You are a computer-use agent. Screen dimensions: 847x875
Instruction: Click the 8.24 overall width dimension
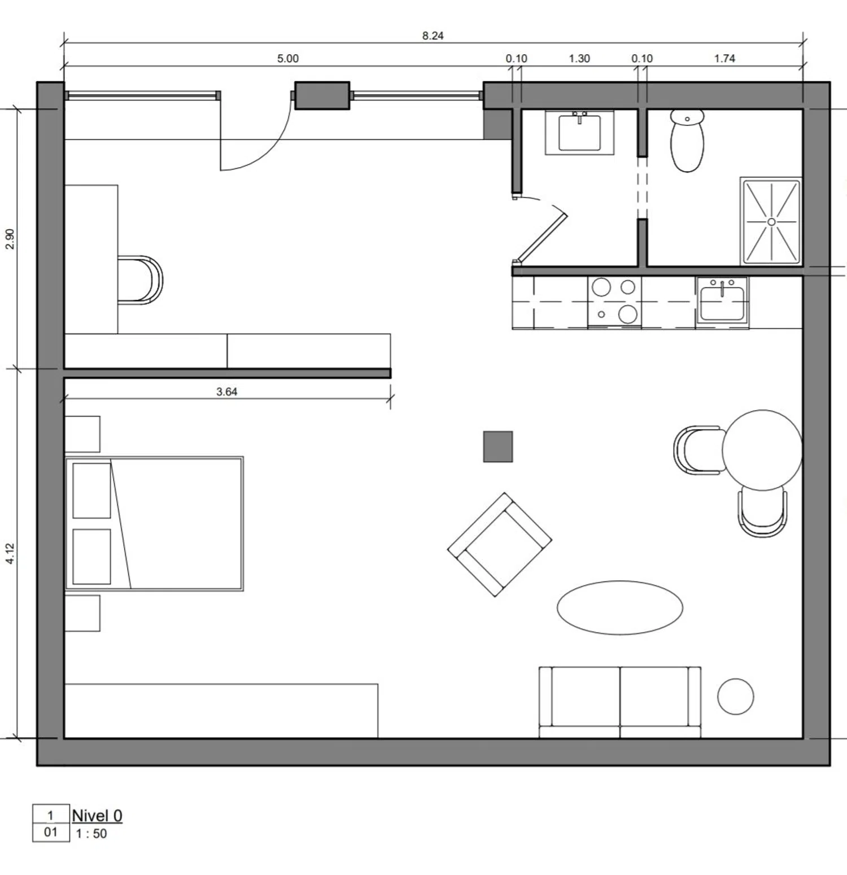433,36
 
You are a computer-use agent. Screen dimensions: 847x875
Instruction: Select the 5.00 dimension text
287,58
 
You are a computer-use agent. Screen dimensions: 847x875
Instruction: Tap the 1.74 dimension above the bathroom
724,58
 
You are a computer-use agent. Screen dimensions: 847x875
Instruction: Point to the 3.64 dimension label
226,391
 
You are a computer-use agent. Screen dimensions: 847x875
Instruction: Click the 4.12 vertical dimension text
10,553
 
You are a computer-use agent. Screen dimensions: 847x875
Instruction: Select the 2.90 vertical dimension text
10,239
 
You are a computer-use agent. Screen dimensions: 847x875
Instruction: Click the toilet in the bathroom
687,140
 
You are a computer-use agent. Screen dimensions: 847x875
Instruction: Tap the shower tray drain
771,222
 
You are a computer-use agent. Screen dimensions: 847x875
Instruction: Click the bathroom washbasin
579,133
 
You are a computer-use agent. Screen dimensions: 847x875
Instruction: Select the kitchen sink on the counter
722,300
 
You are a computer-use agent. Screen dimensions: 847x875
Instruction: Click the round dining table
762,450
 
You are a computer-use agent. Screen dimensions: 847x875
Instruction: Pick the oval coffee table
620,607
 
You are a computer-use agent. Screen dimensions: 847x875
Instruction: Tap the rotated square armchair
500,545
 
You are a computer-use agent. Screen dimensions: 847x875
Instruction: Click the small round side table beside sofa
735,697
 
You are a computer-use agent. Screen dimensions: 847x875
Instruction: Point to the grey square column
498,447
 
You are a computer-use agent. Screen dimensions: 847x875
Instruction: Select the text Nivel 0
97,816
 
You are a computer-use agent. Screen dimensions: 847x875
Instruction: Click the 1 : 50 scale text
91,834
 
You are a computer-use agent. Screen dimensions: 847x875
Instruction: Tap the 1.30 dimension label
579,58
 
